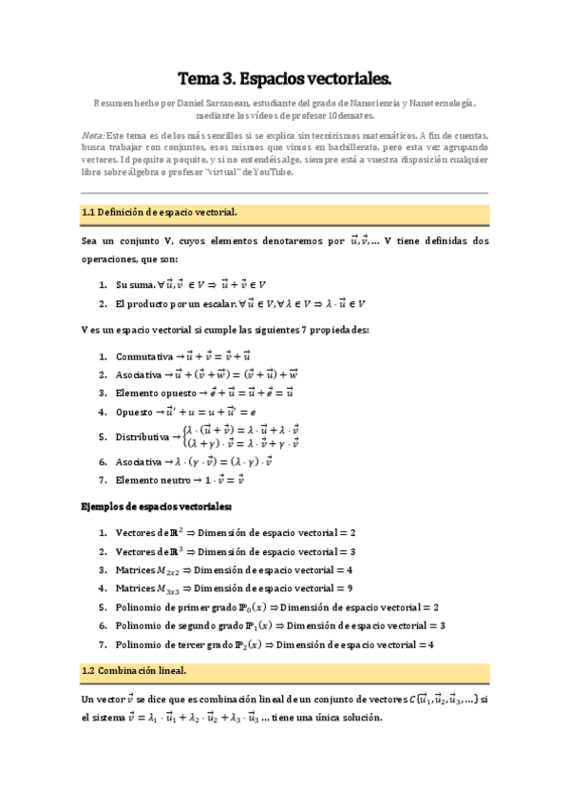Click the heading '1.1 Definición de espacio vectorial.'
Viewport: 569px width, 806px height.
[160, 214]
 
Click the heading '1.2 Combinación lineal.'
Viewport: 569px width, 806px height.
[134, 670]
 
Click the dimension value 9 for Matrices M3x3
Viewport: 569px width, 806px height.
[351, 588]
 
